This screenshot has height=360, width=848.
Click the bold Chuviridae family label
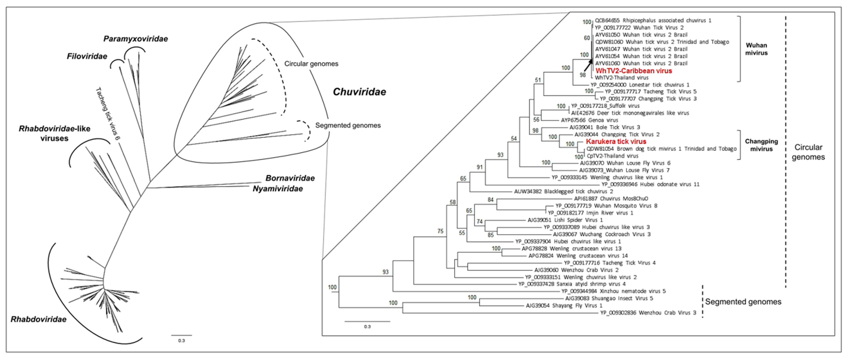coord(359,92)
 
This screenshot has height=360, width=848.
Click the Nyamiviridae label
coord(277,189)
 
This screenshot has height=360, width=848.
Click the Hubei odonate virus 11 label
coord(650,184)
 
